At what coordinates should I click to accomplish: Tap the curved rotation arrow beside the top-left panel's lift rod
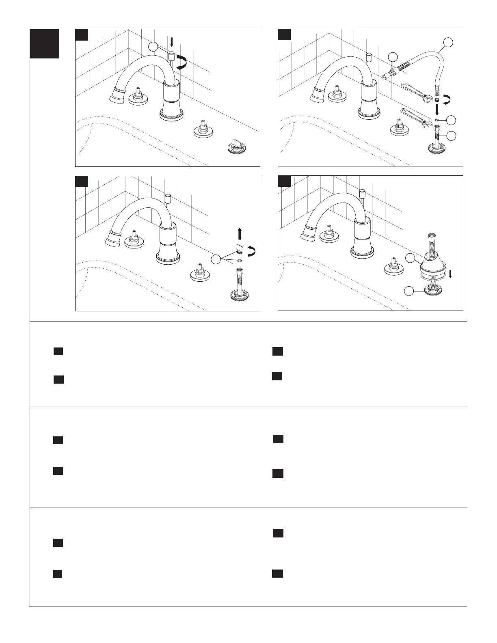182,63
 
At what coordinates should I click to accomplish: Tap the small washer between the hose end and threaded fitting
436,120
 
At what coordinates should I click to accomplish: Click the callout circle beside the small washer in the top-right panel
451,120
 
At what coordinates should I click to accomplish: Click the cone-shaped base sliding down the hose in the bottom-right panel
431,265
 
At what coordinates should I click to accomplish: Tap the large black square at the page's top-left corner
45,43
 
